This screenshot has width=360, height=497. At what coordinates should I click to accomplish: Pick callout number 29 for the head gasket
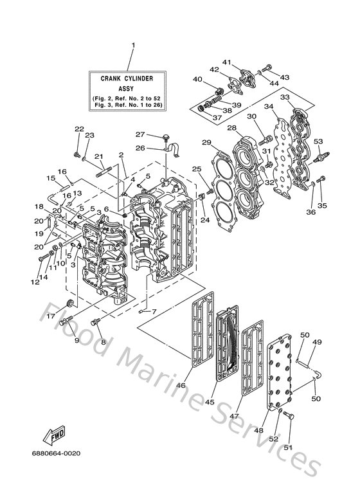[x=206, y=142]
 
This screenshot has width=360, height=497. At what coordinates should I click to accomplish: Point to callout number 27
[x=139, y=134]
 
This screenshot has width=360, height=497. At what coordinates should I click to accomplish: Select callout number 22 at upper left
[x=78, y=129]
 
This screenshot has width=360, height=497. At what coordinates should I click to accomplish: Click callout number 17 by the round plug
[x=51, y=316]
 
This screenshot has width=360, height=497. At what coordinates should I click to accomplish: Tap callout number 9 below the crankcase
[x=76, y=340]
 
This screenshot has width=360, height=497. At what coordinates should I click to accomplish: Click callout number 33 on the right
[x=283, y=96]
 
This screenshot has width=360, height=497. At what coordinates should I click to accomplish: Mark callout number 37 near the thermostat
[x=217, y=118]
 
